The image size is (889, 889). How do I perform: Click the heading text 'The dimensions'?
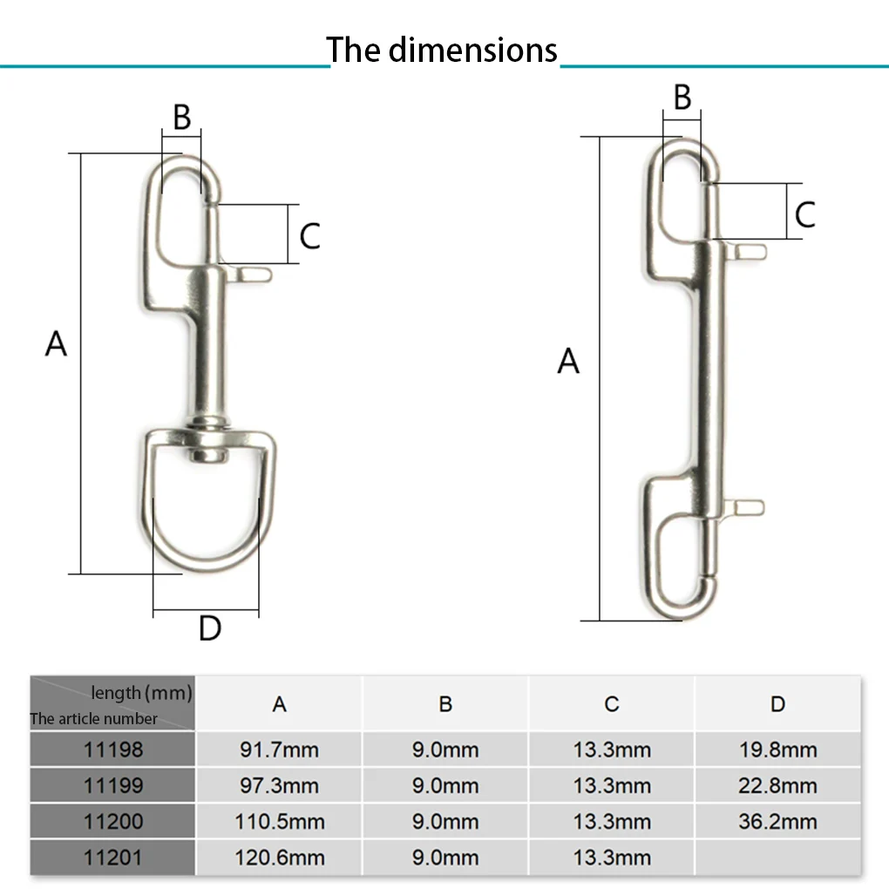(442, 50)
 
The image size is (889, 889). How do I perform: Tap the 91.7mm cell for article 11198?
(279, 750)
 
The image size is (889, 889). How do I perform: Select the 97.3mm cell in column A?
(279, 785)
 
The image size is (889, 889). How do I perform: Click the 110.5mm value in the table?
(279, 821)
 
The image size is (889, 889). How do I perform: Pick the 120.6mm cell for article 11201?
(279, 858)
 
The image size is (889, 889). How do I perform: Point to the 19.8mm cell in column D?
(777, 750)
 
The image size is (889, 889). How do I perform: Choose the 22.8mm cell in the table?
(777, 785)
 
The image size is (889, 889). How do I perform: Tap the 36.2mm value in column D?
(777, 821)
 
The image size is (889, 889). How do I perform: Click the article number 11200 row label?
(112, 821)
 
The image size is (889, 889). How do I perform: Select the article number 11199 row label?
(112, 785)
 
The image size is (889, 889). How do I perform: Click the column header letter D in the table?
(777, 704)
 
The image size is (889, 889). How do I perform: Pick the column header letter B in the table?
(445, 704)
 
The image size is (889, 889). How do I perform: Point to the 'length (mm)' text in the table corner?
(140, 693)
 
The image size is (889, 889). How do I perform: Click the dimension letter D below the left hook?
(210, 628)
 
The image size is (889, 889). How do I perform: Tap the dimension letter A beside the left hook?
(57, 344)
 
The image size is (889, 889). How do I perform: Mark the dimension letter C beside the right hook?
(804, 214)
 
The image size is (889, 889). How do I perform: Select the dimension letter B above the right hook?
(682, 98)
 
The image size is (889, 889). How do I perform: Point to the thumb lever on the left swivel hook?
(253, 275)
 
